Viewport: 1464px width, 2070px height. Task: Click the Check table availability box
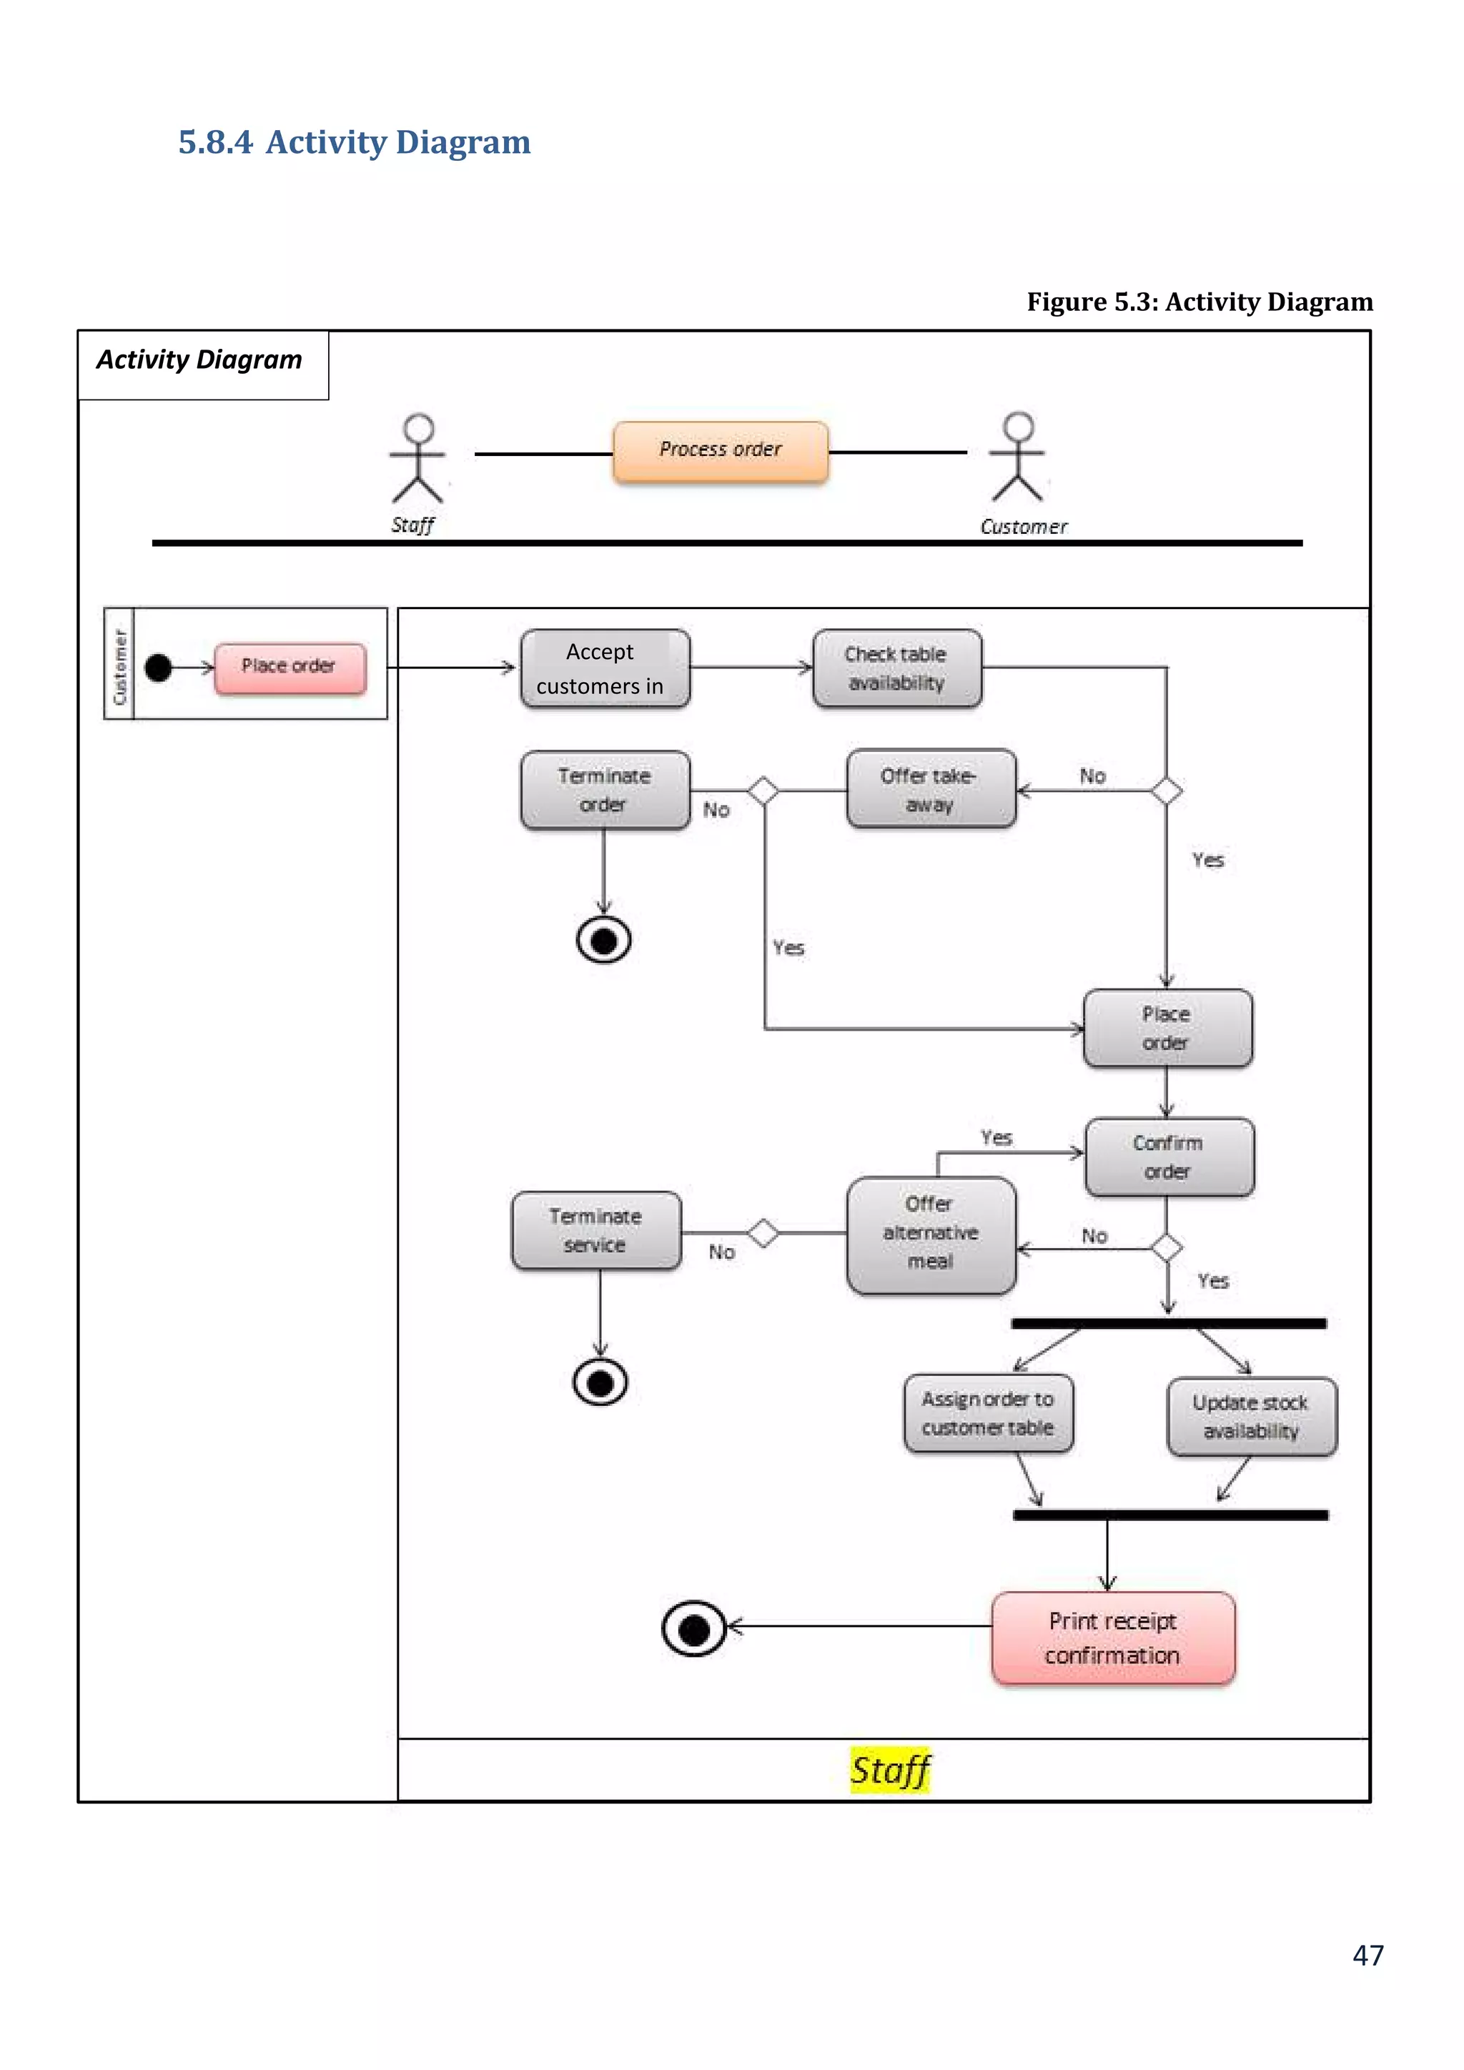(x=897, y=668)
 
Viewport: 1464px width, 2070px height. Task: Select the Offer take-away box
(x=930, y=789)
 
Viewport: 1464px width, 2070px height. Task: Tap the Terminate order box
(x=605, y=790)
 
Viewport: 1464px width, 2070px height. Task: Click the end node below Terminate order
(x=603, y=941)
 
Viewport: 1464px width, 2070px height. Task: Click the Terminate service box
(x=596, y=1231)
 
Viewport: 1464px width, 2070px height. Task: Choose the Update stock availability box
(x=1251, y=1417)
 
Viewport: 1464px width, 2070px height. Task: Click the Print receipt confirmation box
(x=1112, y=1638)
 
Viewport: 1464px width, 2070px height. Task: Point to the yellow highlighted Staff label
(x=890, y=1770)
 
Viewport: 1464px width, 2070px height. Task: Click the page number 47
(x=1367, y=1956)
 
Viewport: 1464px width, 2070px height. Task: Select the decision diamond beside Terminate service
(x=763, y=1232)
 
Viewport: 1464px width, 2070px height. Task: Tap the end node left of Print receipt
(x=693, y=1628)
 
